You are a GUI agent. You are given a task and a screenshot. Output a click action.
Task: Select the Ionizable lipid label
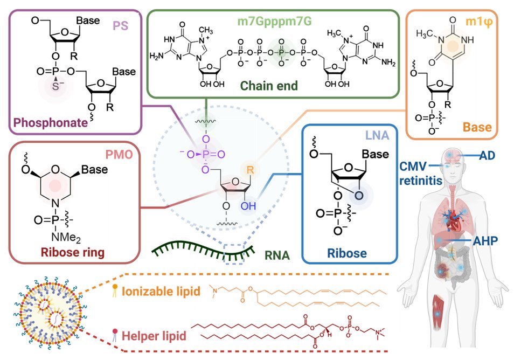click(x=158, y=292)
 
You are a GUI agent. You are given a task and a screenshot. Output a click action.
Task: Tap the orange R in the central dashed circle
click(x=250, y=170)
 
